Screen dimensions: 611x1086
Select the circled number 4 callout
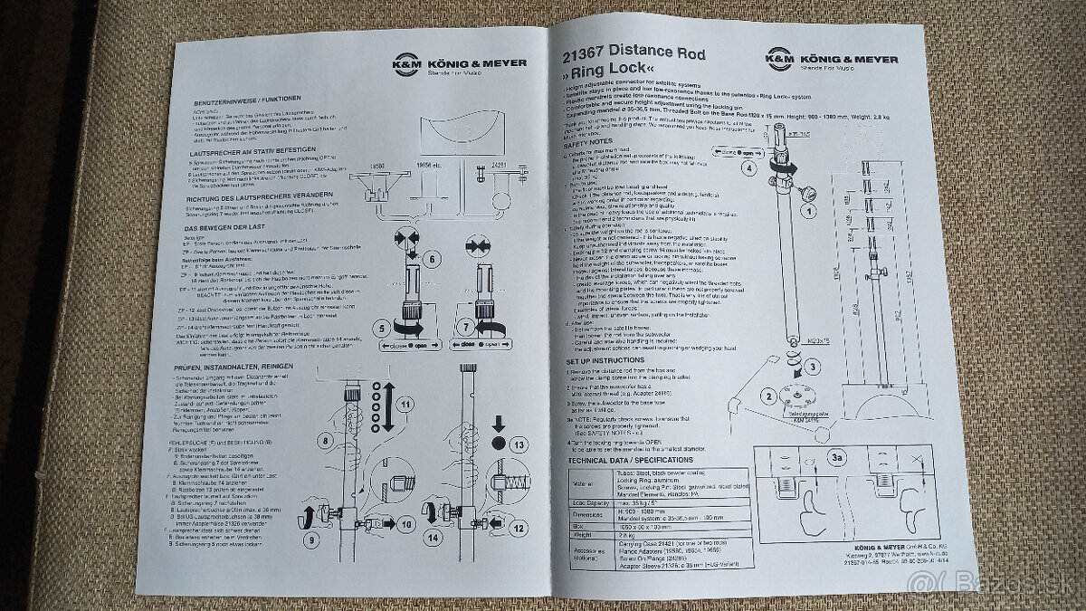(x=748, y=167)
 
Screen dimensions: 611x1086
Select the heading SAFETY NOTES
(x=589, y=143)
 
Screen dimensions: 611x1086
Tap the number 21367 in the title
(x=586, y=54)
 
